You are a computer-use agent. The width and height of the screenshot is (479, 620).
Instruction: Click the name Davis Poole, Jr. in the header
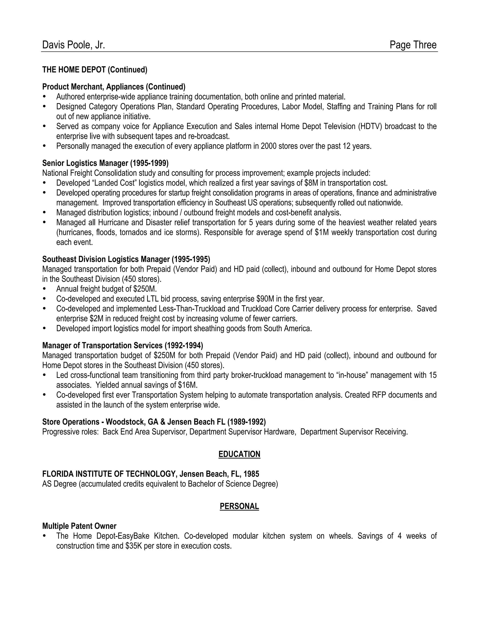pos(73,45)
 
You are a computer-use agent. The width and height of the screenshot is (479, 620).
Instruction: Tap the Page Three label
pos(413,45)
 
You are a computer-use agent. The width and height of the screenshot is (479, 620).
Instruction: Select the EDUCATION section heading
pos(239,454)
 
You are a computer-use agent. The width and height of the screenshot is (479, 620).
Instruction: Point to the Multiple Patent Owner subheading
pos(79,526)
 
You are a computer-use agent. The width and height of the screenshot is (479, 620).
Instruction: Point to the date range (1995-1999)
pos(149,163)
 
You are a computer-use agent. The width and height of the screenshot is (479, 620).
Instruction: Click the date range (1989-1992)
pos(247,422)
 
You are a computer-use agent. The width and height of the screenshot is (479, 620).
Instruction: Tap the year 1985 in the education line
pos(251,474)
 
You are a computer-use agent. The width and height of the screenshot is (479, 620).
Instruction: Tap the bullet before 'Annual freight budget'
pos(44,289)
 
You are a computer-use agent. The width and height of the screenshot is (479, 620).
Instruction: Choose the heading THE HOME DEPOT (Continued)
pos(95,70)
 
